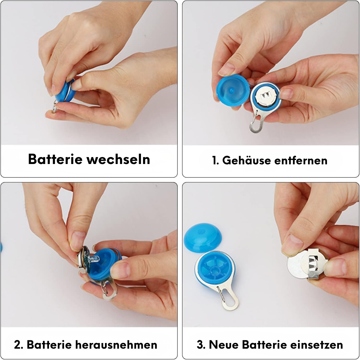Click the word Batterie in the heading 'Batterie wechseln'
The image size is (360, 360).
pyautogui.click(x=55, y=159)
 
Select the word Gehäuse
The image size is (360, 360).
pyautogui.click(x=246, y=160)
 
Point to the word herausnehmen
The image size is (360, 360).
pyautogui.click(x=116, y=345)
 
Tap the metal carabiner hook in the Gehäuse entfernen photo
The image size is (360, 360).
pyautogui.click(x=257, y=122)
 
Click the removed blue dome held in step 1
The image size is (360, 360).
pyautogui.click(x=233, y=90)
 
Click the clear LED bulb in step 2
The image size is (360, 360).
pyautogui.click(x=94, y=259)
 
